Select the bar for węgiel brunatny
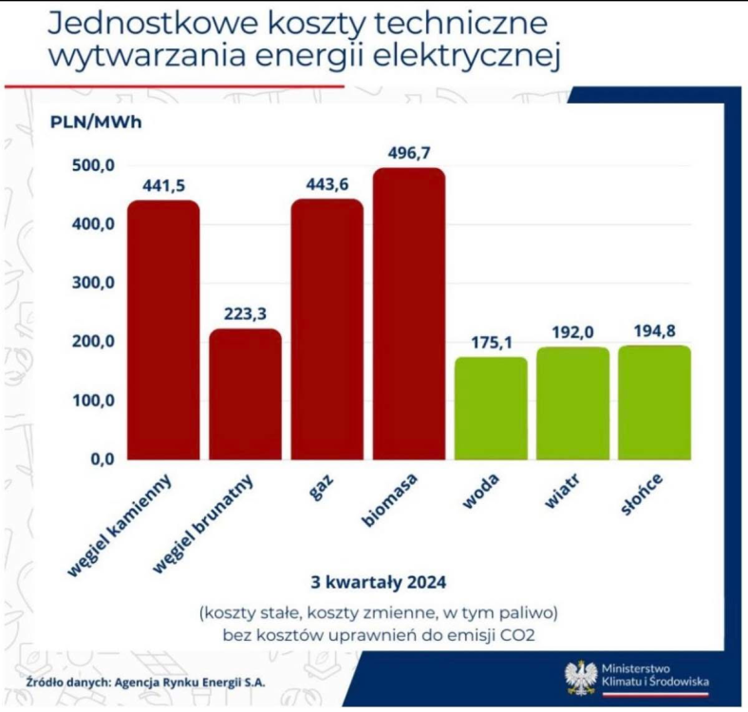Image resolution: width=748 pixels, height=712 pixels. point(245,394)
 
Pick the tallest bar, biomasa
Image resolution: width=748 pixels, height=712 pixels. point(408,314)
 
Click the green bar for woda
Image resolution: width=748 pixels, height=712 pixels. point(491,408)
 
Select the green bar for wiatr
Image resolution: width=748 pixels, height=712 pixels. point(572,403)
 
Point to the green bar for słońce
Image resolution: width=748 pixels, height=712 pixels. point(654,403)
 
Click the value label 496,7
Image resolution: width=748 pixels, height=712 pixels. point(409,152)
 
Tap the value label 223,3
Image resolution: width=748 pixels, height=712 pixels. point(245,313)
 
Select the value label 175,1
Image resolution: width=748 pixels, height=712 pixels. point(491,341)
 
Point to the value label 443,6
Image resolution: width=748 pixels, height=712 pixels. point(327,184)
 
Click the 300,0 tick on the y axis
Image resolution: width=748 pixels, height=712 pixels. point(93,283)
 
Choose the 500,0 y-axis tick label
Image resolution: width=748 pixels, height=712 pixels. point(93,165)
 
